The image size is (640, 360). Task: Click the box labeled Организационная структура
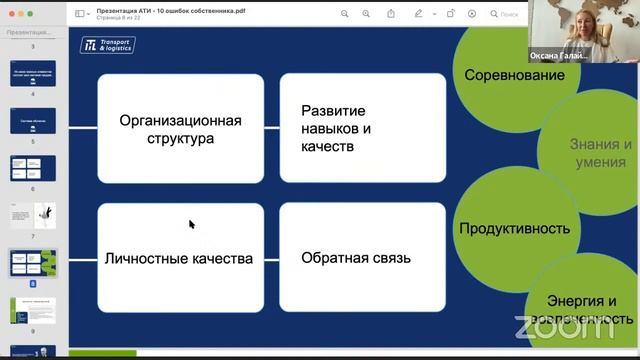[180, 129]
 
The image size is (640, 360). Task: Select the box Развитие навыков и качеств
[362, 129]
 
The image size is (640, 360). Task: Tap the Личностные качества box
[180, 258]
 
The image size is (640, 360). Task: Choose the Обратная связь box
[362, 258]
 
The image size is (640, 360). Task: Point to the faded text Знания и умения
[601, 152]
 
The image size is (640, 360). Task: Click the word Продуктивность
[514, 228]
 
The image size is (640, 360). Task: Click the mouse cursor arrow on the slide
[191, 224]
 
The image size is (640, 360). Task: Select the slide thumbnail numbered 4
[33, 74]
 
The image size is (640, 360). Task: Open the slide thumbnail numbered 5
[33, 120]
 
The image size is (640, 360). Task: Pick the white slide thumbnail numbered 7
[33, 215]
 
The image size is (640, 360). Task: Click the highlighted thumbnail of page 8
[33, 263]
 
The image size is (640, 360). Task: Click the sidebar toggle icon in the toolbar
[80, 14]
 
